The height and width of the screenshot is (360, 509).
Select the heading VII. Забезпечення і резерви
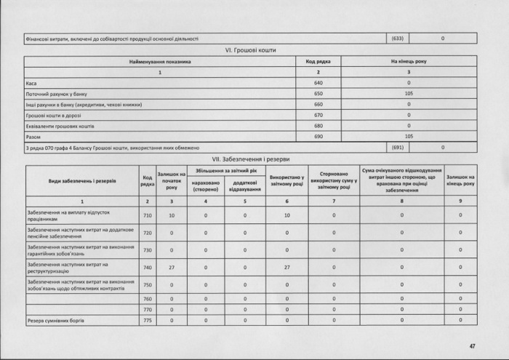coord(250,159)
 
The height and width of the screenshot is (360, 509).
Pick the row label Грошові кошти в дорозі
coord(48,115)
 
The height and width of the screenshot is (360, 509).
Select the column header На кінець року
coord(409,62)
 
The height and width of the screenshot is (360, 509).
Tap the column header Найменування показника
coord(160,62)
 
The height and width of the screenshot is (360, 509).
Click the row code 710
coord(148,215)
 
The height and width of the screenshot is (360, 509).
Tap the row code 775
coord(148,320)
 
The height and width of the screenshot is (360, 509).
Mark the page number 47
coord(471,345)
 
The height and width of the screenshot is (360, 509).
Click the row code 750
coord(148,285)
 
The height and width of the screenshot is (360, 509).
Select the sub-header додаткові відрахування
coord(245,185)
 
